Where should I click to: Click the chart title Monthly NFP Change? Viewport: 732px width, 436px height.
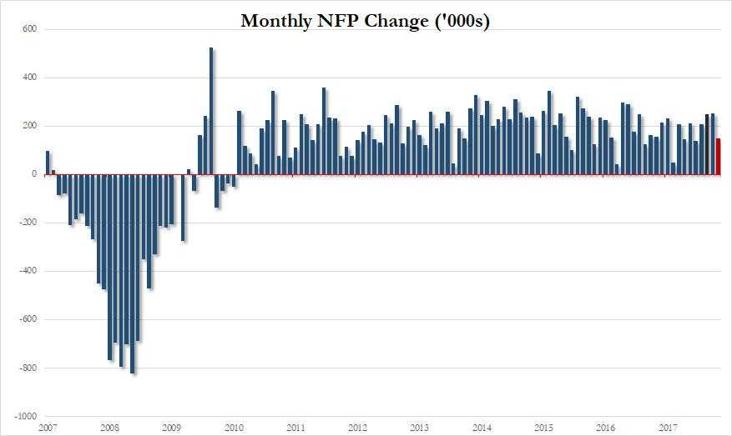pyautogui.click(x=365, y=22)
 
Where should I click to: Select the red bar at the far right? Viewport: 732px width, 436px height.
pyautogui.click(x=718, y=157)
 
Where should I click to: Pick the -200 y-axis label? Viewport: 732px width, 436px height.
pyautogui.click(x=27, y=223)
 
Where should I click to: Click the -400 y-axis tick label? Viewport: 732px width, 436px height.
pyautogui.click(x=27, y=271)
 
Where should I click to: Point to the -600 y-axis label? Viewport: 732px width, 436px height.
pyautogui.click(x=27, y=319)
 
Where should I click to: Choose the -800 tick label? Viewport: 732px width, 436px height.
pyautogui.click(x=27, y=368)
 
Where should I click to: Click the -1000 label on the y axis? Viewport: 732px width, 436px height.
pyautogui.click(x=25, y=416)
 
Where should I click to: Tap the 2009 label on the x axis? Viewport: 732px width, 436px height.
pyautogui.click(x=170, y=428)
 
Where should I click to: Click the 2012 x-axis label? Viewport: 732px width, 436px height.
pyautogui.click(x=357, y=428)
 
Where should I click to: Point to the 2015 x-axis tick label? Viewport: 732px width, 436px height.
pyautogui.click(x=543, y=428)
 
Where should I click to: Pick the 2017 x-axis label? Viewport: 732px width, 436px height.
pyautogui.click(x=668, y=428)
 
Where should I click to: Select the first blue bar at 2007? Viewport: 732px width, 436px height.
pyautogui.click(x=48, y=163)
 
